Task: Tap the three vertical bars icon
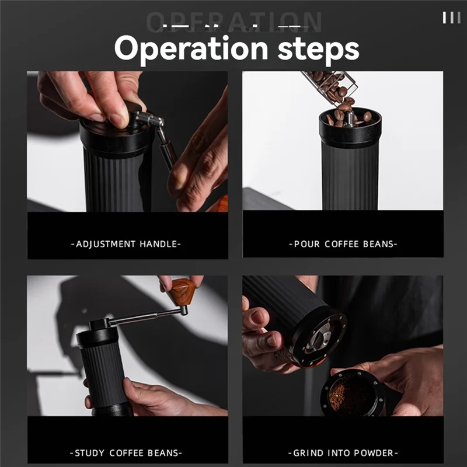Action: [x=451, y=18]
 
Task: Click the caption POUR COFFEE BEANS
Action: [x=343, y=243]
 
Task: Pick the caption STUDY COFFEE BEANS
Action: [x=127, y=452]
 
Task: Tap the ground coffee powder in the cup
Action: [x=344, y=396]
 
